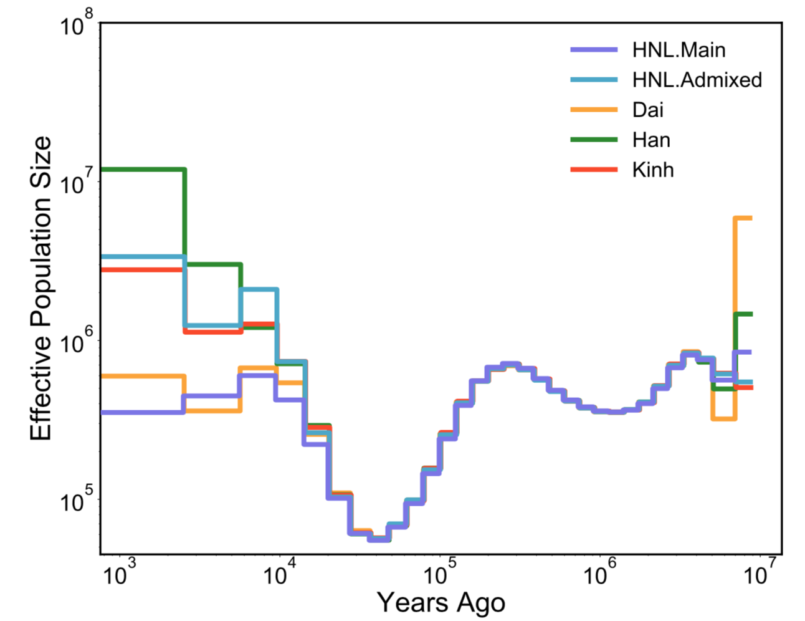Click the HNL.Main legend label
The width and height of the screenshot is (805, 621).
(679, 50)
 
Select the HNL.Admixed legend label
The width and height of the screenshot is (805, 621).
(697, 80)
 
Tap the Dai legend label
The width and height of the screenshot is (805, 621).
(648, 110)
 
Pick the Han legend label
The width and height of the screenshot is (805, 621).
(651, 140)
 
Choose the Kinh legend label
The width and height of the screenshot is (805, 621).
(653, 170)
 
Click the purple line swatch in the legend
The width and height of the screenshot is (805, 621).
(594, 50)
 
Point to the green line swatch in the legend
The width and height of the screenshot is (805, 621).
(594, 140)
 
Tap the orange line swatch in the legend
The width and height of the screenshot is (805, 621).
(594, 110)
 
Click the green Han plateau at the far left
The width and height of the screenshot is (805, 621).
(143, 170)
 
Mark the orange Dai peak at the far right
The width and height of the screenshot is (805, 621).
(743, 218)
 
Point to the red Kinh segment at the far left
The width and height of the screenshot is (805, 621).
(143, 269)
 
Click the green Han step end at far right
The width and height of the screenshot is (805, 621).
(744, 314)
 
